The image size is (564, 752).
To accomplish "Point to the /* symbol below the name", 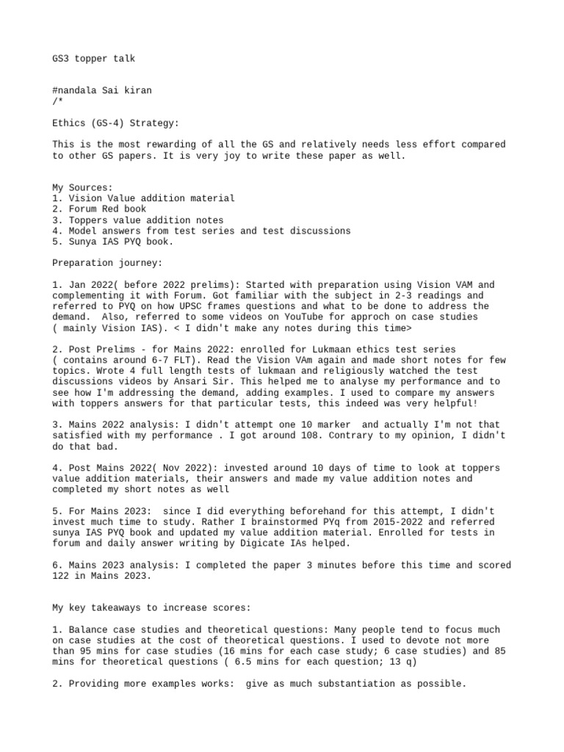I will [x=57, y=101].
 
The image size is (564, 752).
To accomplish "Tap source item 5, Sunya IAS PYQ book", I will [x=113, y=242].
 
